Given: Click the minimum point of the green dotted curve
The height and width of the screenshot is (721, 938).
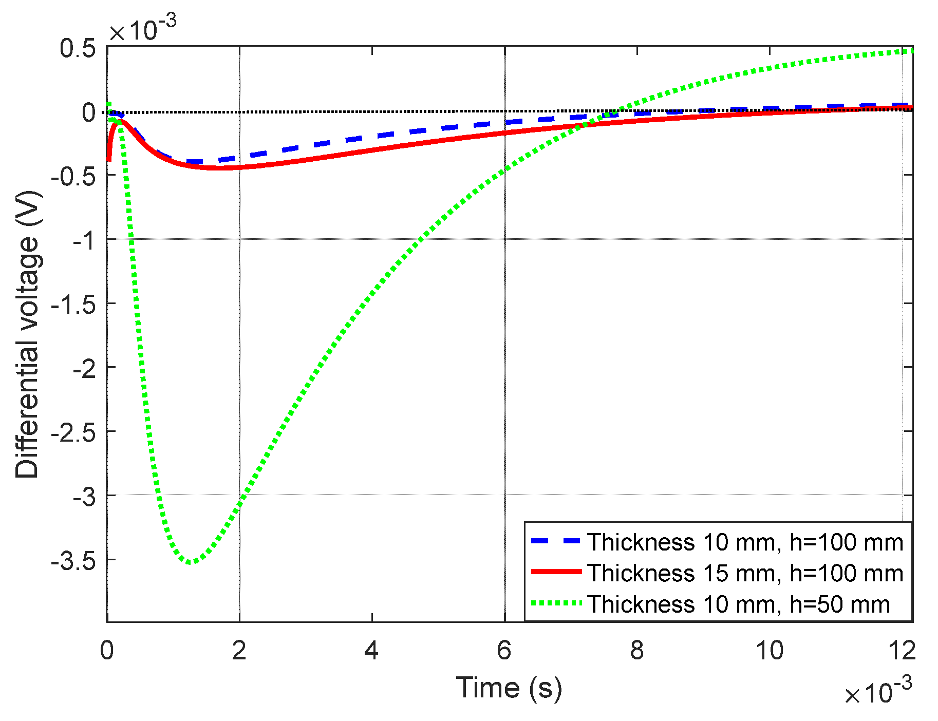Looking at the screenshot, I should coord(190,562).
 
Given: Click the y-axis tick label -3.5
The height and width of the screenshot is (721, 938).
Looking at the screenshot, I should coord(73,561).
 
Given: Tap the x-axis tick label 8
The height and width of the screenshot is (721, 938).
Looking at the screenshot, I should coord(637,651).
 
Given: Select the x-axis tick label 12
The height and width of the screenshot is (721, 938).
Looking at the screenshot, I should coord(902,651).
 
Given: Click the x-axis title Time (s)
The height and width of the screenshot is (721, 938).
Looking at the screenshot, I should coord(509,688).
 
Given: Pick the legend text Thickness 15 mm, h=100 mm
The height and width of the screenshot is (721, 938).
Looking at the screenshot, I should coord(745,573).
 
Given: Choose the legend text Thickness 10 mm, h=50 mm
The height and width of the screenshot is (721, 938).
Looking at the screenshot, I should coord(738,604).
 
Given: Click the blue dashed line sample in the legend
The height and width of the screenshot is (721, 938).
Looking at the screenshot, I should coord(556,541).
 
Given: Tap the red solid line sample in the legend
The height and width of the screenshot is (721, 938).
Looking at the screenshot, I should coord(556,572).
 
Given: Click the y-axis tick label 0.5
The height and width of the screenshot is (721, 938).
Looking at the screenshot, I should coord(78,48).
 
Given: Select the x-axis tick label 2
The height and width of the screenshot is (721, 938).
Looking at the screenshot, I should coord(239,651).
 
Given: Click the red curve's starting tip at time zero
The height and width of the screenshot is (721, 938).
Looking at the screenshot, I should coord(108,160).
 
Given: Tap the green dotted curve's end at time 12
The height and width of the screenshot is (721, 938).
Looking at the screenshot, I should coord(911,50).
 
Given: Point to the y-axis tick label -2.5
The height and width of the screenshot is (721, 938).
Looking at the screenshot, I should coord(73,432).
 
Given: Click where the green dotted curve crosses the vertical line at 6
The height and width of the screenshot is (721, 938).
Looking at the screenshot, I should coord(505,169).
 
